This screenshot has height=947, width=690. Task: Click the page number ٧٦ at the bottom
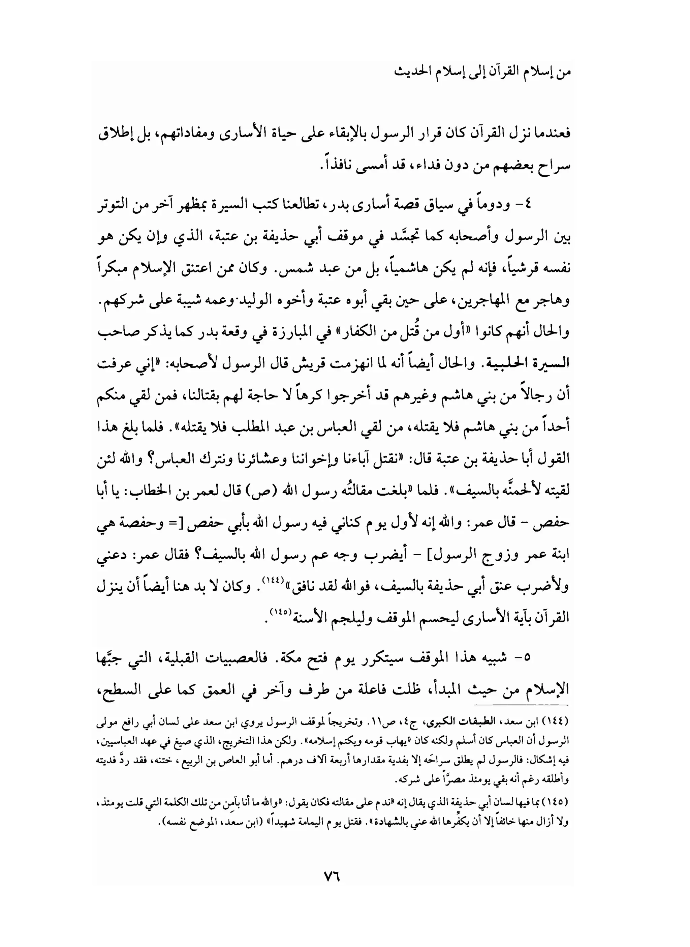pos(333,876)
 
